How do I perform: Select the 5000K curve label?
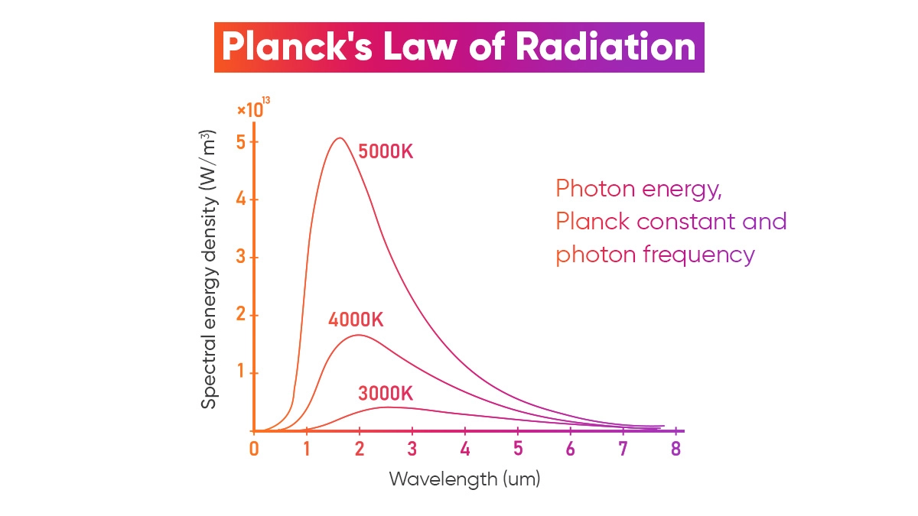pos(386,151)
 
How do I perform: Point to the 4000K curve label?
pos(356,320)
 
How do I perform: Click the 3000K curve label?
pos(385,394)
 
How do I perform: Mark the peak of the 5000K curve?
pos(339,138)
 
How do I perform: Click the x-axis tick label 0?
pos(254,449)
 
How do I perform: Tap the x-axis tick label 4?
pos(465,449)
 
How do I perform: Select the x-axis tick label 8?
pos(675,449)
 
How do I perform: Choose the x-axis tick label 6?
pos(571,449)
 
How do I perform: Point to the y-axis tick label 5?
pos(242,143)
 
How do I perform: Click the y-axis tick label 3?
pos(242,258)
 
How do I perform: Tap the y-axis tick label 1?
pos(242,373)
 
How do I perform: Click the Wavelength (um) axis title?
pos(464,479)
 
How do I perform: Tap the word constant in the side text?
pos(682,221)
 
